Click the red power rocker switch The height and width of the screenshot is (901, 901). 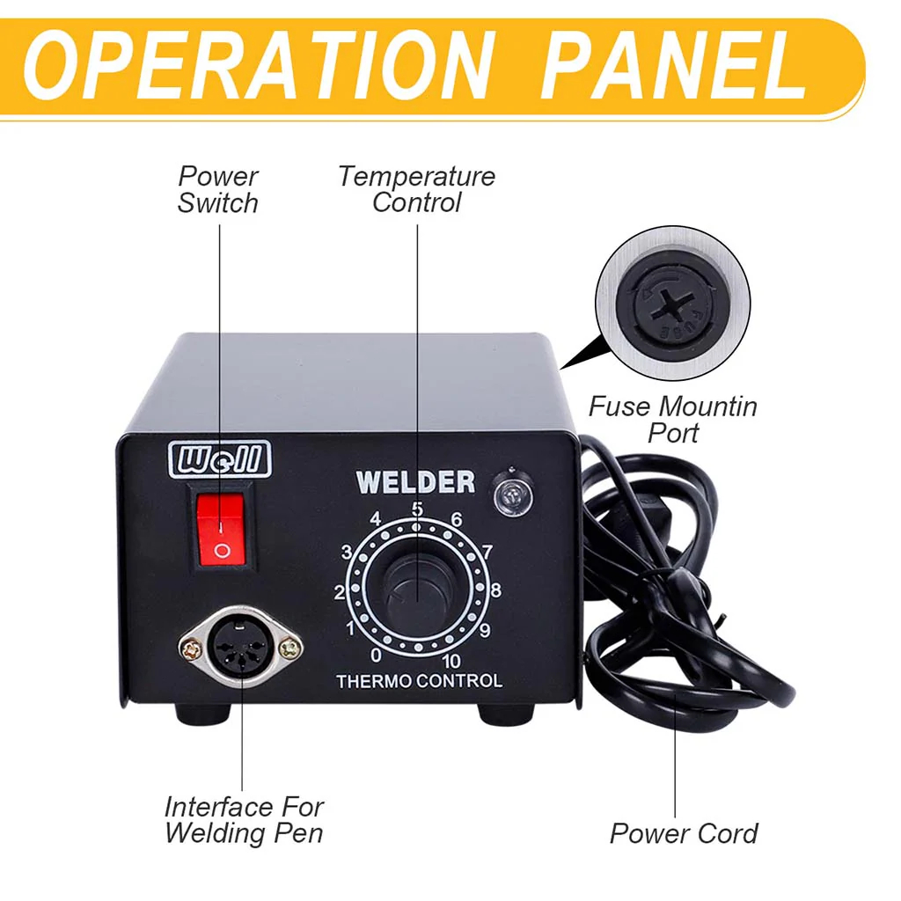pyautogui.click(x=221, y=529)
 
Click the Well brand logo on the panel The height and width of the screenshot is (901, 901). pyautogui.click(x=219, y=458)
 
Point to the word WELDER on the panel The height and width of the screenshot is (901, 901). pyautogui.click(x=415, y=482)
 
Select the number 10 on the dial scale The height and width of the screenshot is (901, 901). pyautogui.click(x=451, y=662)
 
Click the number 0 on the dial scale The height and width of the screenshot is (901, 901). pyautogui.click(x=376, y=655)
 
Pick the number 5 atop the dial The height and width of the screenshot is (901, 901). pyautogui.click(x=417, y=509)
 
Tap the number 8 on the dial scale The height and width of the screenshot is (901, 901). pyautogui.click(x=495, y=590)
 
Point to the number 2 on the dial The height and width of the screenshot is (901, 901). pyautogui.click(x=340, y=592)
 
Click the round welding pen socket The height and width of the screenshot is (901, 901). pyautogui.click(x=241, y=645)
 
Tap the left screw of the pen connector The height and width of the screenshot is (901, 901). pyautogui.click(x=190, y=649)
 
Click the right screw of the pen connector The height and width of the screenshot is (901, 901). pyautogui.click(x=290, y=648)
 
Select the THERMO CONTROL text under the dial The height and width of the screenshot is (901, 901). pyautogui.click(x=419, y=682)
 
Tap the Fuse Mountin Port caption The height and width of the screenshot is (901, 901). pyautogui.click(x=673, y=420)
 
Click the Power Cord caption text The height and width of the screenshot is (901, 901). pyautogui.click(x=684, y=833)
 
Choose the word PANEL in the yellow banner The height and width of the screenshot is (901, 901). pyautogui.click(x=673, y=65)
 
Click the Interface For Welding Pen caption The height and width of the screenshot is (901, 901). pyautogui.click(x=245, y=820)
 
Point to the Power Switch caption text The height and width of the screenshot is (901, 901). pyautogui.click(x=218, y=190)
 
